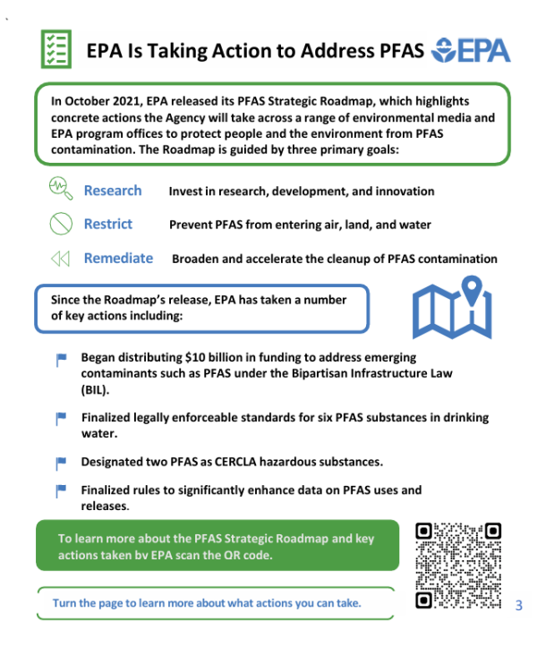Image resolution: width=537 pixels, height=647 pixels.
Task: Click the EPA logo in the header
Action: point(470,49)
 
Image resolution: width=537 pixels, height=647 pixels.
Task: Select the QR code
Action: point(457,566)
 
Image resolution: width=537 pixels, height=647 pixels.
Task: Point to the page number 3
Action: point(519,606)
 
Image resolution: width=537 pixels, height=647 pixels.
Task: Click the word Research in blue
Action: point(113,191)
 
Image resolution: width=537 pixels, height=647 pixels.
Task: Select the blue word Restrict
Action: point(108,224)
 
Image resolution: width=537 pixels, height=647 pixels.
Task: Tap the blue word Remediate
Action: point(118,258)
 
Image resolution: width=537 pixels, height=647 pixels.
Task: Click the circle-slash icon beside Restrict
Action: point(60,224)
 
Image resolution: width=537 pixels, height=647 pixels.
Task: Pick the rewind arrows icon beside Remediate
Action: point(60,259)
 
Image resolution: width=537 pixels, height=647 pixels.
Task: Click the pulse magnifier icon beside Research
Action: point(59,189)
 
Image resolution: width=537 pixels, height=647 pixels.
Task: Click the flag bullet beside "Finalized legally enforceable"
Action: point(62,418)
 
